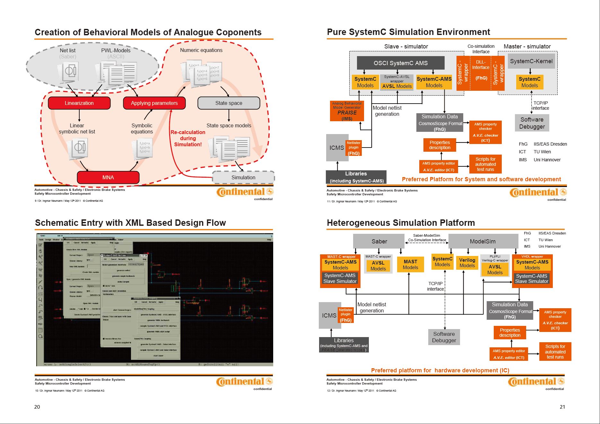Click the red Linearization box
click(x=79, y=103)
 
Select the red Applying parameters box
click(x=154, y=103)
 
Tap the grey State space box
click(x=229, y=103)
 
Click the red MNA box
click(x=108, y=177)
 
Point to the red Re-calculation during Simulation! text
click(x=188, y=138)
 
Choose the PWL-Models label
click(x=116, y=50)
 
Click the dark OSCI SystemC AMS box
click(x=400, y=63)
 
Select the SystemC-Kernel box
click(x=531, y=61)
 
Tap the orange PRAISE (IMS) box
click(x=347, y=111)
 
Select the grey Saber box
click(x=379, y=241)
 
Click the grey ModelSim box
click(x=483, y=241)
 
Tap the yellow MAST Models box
click(x=410, y=265)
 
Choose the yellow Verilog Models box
click(x=467, y=263)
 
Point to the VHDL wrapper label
click(x=532, y=257)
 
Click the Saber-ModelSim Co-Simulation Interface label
click(x=427, y=238)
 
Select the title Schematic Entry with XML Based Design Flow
click(x=130, y=223)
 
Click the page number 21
click(x=562, y=407)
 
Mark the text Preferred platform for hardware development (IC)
click(x=440, y=370)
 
